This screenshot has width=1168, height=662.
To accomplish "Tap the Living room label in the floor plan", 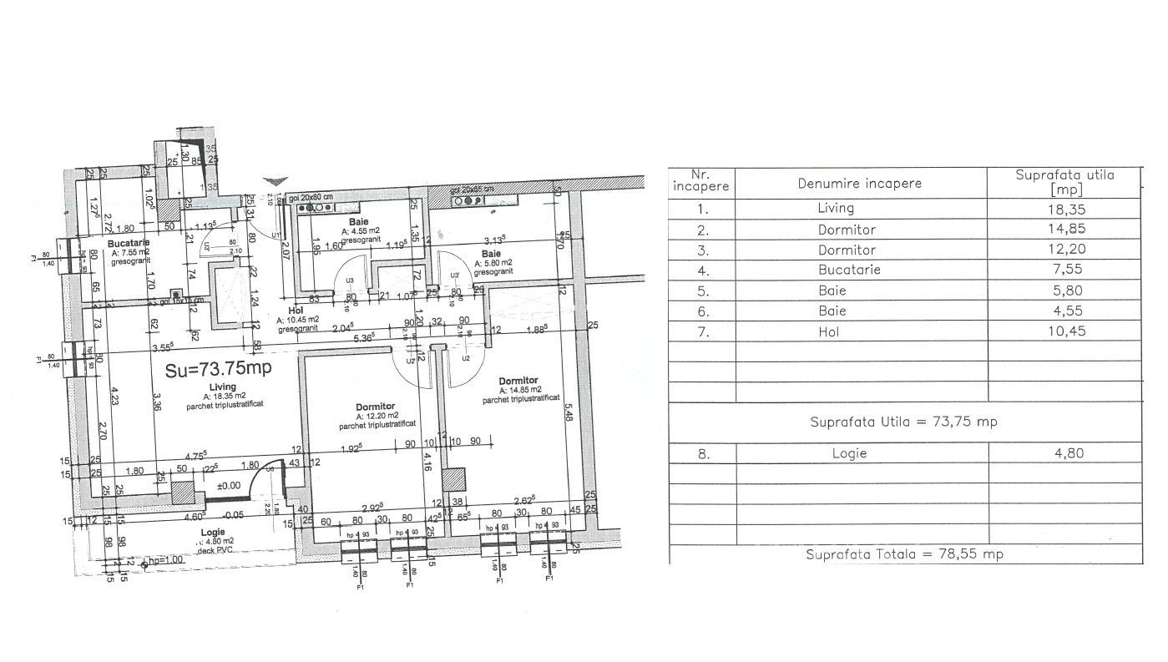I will pyautogui.click(x=221, y=387).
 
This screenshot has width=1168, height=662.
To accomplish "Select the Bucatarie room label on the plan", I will pyautogui.click(x=129, y=243).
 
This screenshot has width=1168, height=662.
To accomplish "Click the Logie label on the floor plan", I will pyautogui.click(x=213, y=532).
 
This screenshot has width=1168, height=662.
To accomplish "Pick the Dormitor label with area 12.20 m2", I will pyautogui.click(x=373, y=407).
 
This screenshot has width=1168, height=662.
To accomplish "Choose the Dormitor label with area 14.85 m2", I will pyautogui.click(x=518, y=381).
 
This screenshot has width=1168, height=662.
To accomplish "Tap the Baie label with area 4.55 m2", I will pyautogui.click(x=360, y=223).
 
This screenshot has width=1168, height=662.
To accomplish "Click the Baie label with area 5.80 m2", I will pyautogui.click(x=491, y=253).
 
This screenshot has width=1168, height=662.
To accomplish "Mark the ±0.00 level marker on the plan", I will pyautogui.click(x=229, y=485).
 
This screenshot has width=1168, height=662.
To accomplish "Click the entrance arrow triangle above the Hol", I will pyautogui.click(x=275, y=181).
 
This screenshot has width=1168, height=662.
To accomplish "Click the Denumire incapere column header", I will pyautogui.click(x=859, y=183).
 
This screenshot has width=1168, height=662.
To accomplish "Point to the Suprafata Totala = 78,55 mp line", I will pyautogui.click(x=904, y=554).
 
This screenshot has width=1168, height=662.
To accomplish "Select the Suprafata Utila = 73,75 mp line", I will pyautogui.click(x=903, y=422).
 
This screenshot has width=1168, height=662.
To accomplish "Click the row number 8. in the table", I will pyautogui.click(x=702, y=453).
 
